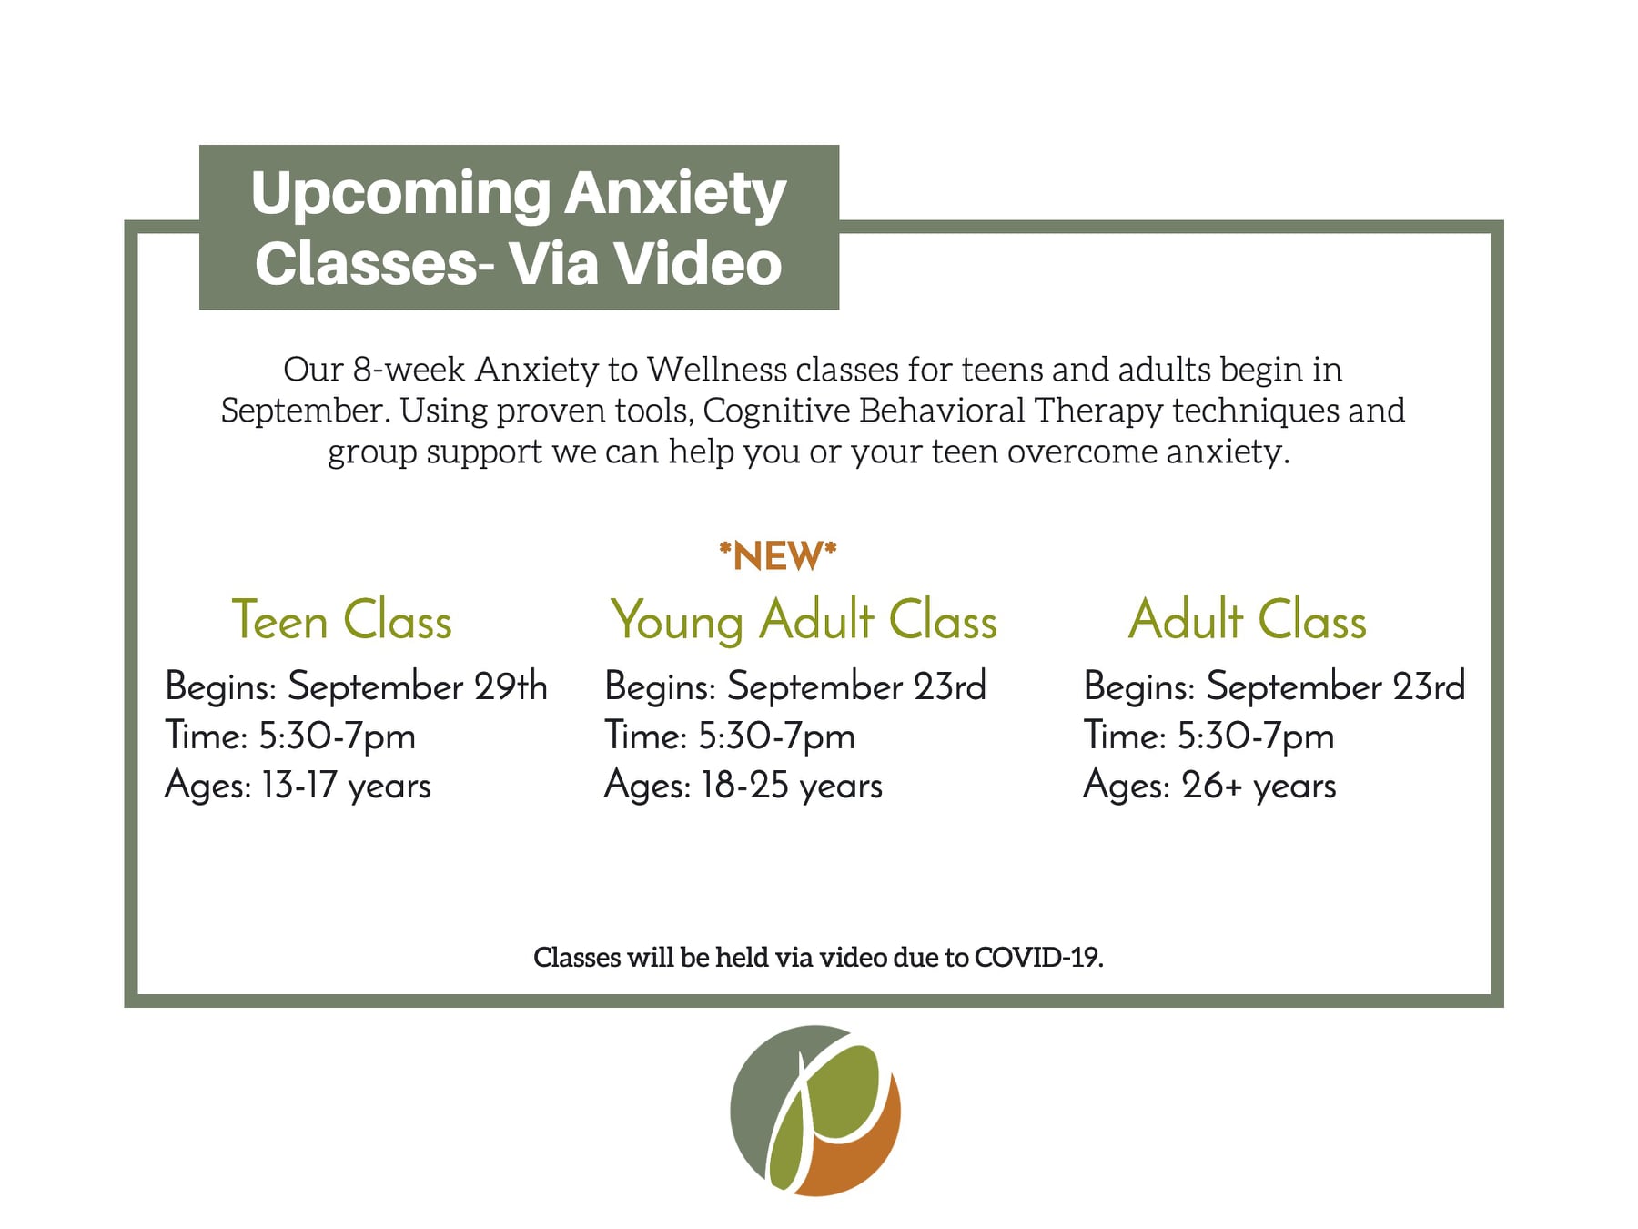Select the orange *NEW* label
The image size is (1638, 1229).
778,556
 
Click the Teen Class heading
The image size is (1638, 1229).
342,621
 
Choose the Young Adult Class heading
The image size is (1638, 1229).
804,622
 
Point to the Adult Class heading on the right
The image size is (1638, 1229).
1248,620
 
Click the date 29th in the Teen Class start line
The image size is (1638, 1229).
511,686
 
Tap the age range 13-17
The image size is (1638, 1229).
299,785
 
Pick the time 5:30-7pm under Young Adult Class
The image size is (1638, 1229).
777,736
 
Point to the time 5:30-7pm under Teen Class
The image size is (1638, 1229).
338,736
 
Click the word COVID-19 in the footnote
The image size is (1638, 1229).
1039,958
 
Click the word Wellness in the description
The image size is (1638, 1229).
717,370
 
